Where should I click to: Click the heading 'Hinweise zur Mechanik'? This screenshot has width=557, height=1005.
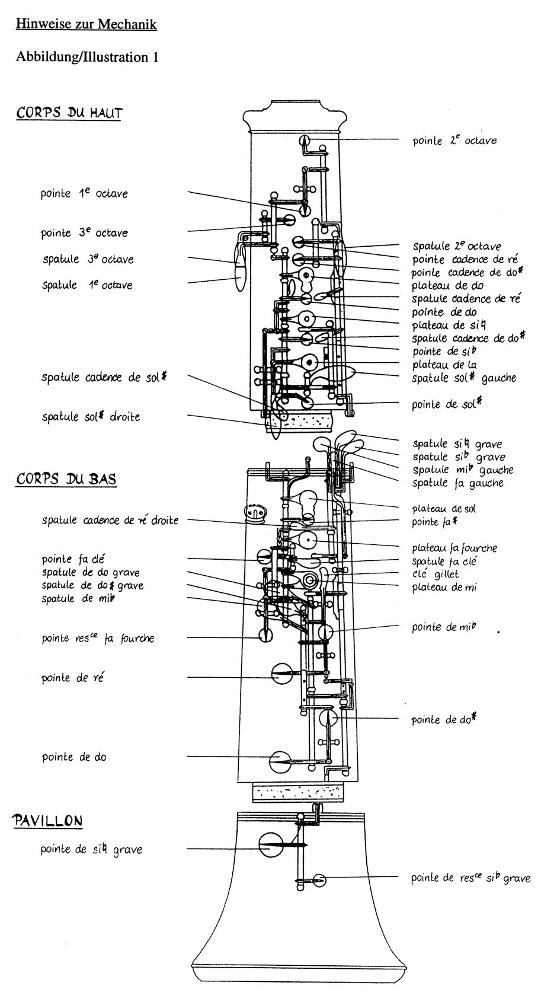[x=86, y=24]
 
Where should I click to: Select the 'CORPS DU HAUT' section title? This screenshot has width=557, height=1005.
[x=69, y=113]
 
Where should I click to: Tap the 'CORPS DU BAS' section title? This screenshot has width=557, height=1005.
[x=66, y=479]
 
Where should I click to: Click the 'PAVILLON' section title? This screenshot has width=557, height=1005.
[x=47, y=821]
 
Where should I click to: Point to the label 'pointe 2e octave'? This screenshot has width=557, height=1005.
[x=454, y=141]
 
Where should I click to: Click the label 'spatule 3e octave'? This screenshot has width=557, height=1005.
[x=88, y=259]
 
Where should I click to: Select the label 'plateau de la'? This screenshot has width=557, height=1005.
[x=444, y=365]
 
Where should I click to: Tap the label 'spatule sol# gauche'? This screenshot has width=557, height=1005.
[x=464, y=378]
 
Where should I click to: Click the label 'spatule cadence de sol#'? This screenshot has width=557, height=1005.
[x=104, y=377]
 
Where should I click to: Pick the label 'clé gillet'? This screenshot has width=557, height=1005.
[x=436, y=574]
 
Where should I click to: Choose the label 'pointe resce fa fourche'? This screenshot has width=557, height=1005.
[x=98, y=639]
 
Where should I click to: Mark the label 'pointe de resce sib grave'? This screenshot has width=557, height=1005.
[x=470, y=878]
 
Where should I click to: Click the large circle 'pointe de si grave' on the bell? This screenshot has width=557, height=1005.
[x=271, y=845]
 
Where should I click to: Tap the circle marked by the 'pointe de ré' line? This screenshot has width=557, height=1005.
[x=283, y=674]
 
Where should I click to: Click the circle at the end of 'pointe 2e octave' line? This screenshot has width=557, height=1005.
[x=305, y=141]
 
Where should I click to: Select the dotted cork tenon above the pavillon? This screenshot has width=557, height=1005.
[x=297, y=792]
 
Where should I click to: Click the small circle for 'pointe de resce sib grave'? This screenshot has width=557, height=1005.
[x=320, y=880]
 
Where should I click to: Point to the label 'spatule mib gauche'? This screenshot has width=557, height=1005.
[x=463, y=470]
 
